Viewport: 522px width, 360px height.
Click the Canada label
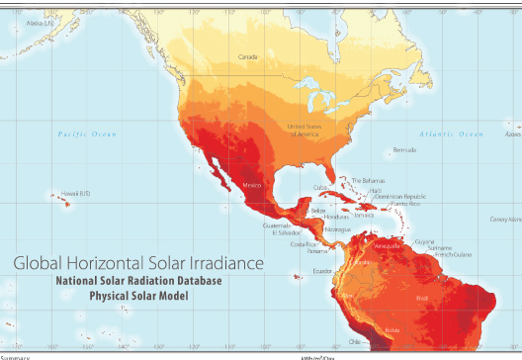point(248,57)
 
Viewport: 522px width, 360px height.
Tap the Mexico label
point(251,186)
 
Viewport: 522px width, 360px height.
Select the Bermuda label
point(404,150)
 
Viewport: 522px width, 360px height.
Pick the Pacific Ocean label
point(87,134)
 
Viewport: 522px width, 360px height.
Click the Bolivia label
point(392,328)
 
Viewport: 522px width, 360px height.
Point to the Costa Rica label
point(304,243)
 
